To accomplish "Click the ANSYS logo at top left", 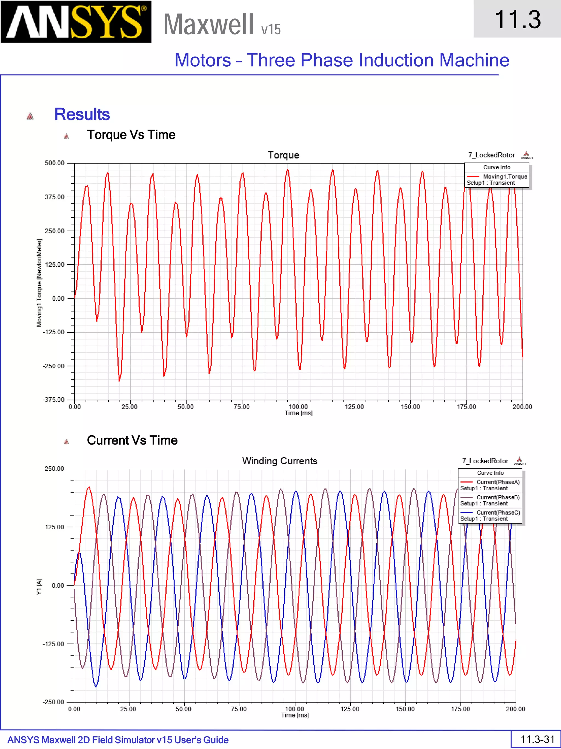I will pyautogui.click(x=76, y=22).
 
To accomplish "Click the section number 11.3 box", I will pyautogui.click(x=517, y=19).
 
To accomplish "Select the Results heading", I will pyautogui.click(x=82, y=114).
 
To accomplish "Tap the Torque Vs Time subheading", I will pyautogui.click(x=131, y=135).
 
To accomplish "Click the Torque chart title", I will pyautogui.click(x=283, y=155).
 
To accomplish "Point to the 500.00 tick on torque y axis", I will pyautogui.click(x=55, y=163).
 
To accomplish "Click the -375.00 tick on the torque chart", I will pyautogui.click(x=53, y=400).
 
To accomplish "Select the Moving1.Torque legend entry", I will pyautogui.click(x=505, y=176).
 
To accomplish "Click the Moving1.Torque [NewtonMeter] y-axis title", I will pyautogui.click(x=39, y=283).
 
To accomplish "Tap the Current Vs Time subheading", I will pyautogui.click(x=132, y=440).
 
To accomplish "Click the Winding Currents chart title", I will pyautogui.click(x=280, y=461).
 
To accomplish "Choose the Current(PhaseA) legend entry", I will pyautogui.click(x=498, y=482).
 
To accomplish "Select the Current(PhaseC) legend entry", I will pyautogui.click(x=498, y=512).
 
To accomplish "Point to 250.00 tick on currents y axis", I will pyautogui.click(x=54, y=469).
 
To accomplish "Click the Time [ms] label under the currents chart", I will pyautogui.click(x=295, y=715).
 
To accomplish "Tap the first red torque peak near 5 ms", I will pyautogui.click(x=87, y=186).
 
